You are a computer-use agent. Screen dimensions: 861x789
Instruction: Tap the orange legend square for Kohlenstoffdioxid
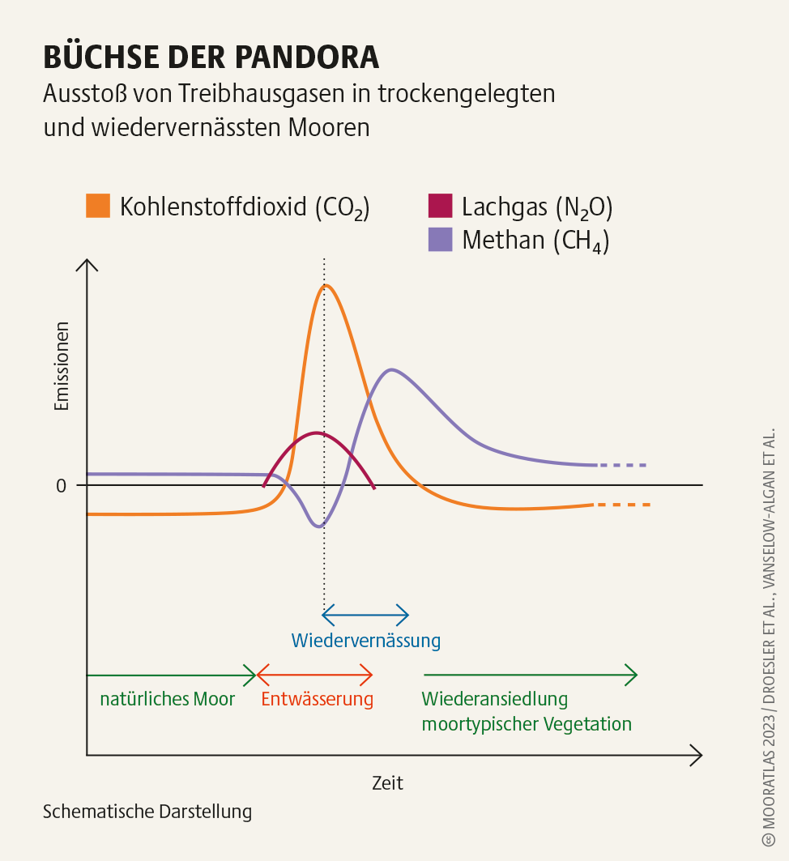(x=98, y=206)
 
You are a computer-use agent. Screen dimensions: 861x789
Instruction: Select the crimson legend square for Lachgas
(x=440, y=206)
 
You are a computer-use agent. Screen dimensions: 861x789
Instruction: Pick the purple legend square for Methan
(x=440, y=240)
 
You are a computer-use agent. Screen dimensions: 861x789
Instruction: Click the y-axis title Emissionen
(x=62, y=366)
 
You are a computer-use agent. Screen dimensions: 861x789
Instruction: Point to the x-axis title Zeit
(x=387, y=783)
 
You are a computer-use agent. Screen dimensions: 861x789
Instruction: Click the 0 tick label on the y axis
(x=61, y=486)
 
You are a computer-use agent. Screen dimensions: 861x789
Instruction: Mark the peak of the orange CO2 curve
(x=326, y=285)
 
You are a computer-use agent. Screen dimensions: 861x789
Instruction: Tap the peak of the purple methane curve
(x=392, y=370)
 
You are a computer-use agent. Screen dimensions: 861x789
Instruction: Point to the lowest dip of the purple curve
(x=318, y=526)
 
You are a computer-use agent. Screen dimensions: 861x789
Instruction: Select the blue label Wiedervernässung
(x=366, y=641)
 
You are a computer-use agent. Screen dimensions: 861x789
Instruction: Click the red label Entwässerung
(x=317, y=699)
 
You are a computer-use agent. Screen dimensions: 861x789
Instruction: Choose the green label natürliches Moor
(x=167, y=699)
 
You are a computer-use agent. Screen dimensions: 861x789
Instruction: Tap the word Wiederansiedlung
(x=495, y=699)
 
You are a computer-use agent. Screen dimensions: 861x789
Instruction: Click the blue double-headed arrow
(x=365, y=615)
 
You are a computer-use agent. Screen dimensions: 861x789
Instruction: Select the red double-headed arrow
(x=314, y=674)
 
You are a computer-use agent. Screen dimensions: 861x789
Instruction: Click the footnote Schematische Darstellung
(x=147, y=811)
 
